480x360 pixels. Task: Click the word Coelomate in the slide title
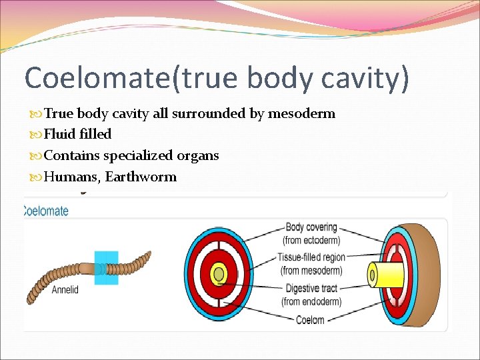(x=97, y=78)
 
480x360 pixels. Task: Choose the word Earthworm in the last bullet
(x=141, y=177)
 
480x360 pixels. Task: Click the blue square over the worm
(x=106, y=267)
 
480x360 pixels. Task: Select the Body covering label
(x=311, y=228)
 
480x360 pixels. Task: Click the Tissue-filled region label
(x=311, y=257)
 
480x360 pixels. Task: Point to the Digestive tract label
(x=311, y=288)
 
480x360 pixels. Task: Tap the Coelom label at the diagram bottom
(x=309, y=319)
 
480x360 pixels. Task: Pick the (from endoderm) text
(x=311, y=301)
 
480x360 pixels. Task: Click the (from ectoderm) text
(x=311, y=240)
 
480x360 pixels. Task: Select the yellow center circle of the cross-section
(x=218, y=274)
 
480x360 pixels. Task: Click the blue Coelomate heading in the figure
(x=46, y=211)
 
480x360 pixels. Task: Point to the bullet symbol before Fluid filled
(x=37, y=135)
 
